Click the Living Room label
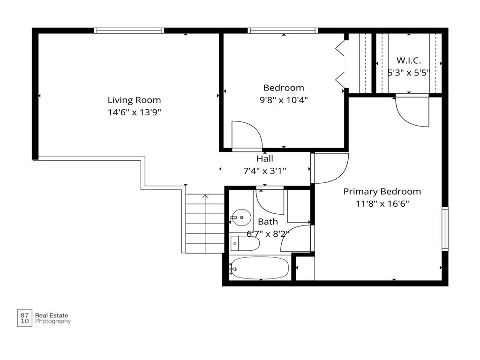point(134,100)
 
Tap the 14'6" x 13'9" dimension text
point(134,112)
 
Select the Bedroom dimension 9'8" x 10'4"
point(284,100)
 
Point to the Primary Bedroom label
point(382,192)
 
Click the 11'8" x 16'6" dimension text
point(382,203)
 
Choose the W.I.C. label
point(409,60)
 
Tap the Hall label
point(265,158)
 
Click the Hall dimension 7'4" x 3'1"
point(265,171)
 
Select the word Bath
point(268,222)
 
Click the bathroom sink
point(241,217)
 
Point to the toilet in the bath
point(245,244)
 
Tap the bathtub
point(259,268)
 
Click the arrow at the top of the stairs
point(205,196)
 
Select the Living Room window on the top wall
point(129,30)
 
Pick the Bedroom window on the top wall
point(283,30)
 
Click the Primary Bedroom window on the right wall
point(445,229)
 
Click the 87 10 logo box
point(24,318)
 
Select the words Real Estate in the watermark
point(52,315)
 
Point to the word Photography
point(53,322)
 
